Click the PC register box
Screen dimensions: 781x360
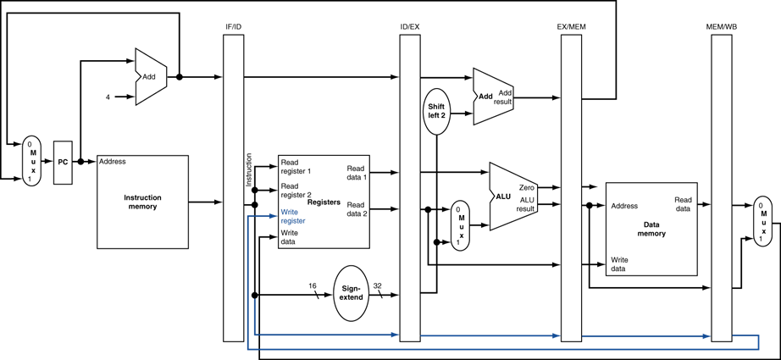[63, 163]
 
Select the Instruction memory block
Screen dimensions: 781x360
[142, 202]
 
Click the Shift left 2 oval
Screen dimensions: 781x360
[436, 111]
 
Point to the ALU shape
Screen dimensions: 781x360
[513, 197]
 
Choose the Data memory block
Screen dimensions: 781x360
[651, 229]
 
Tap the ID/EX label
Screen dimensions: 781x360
[409, 27]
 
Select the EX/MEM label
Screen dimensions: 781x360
[571, 27]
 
